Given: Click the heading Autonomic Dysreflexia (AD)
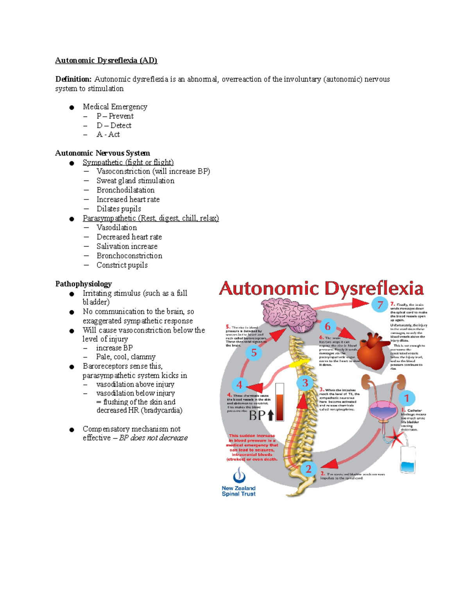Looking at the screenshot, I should click(106, 60).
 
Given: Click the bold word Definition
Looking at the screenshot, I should click(73, 79).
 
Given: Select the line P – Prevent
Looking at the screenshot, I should click(115, 116).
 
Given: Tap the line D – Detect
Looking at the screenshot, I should click(114, 125).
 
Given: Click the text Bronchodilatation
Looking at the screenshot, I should click(125, 190).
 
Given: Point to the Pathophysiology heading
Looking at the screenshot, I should click(83, 284).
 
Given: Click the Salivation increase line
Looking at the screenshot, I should click(127, 246).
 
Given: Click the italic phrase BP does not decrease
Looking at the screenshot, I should click(153, 438).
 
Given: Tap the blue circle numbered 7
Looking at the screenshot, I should click(379, 305).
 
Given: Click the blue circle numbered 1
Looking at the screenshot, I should click(407, 398).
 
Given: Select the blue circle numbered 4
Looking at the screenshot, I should click(239, 385).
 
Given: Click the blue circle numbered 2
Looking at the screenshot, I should click(308, 469).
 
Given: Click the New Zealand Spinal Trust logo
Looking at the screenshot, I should click(239, 483).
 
